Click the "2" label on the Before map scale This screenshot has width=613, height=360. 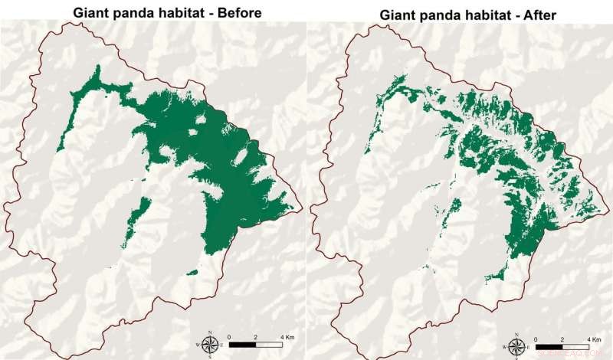click(259, 335)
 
